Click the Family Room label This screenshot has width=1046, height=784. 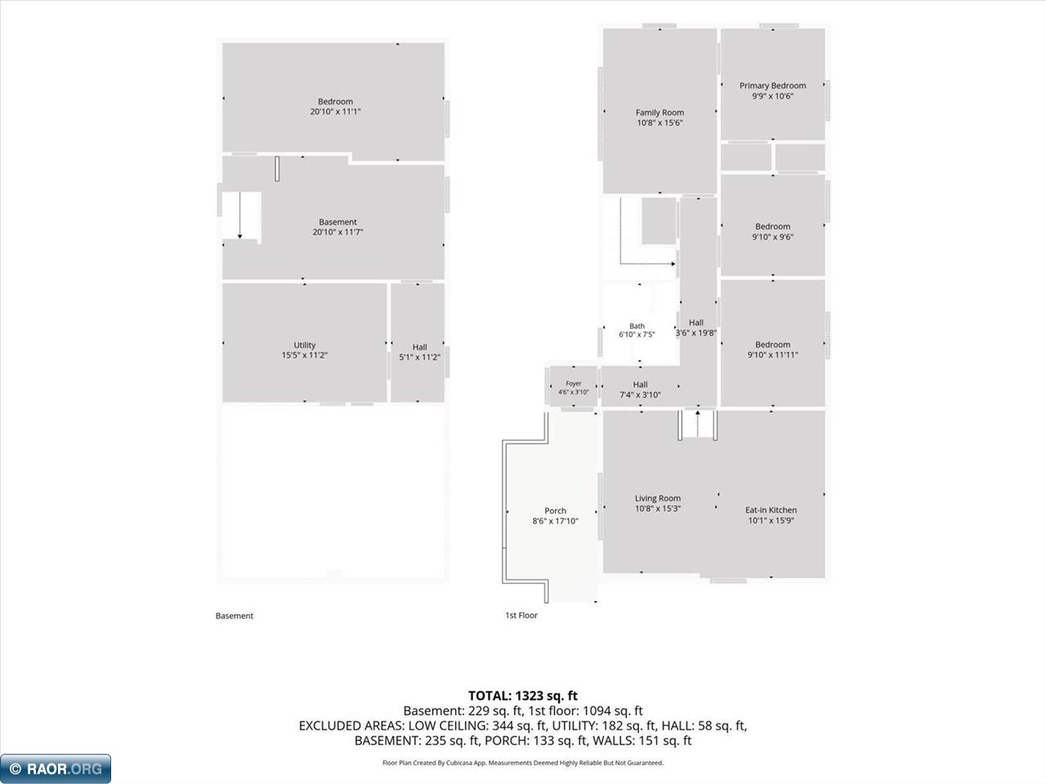tap(659, 113)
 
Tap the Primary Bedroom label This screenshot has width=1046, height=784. tap(772, 86)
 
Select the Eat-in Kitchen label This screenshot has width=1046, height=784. tap(771, 510)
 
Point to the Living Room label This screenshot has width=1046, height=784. tap(658, 498)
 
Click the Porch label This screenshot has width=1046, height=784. tap(555, 510)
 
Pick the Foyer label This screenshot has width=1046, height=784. tap(574, 383)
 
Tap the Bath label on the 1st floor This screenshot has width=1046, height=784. tap(637, 326)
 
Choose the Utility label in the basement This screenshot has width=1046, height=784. tap(305, 345)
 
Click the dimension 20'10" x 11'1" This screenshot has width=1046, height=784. tap(336, 111)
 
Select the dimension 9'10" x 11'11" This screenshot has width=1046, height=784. tap(772, 354)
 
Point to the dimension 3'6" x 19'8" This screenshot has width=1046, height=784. tap(695, 332)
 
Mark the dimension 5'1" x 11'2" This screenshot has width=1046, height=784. tap(419, 357)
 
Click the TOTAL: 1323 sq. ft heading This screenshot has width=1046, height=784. tap(523, 696)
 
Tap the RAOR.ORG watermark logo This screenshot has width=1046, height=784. tap(56, 768)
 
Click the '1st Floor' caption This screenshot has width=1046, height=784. tap(521, 615)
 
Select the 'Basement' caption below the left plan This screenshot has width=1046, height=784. tap(235, 616)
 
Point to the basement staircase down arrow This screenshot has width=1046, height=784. tap(239, 215)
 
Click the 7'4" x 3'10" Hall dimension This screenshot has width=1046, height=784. tap(640, 394)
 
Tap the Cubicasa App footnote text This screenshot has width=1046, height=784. tap(523, 763)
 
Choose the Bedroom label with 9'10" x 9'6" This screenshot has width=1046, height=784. tap(772, 226)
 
